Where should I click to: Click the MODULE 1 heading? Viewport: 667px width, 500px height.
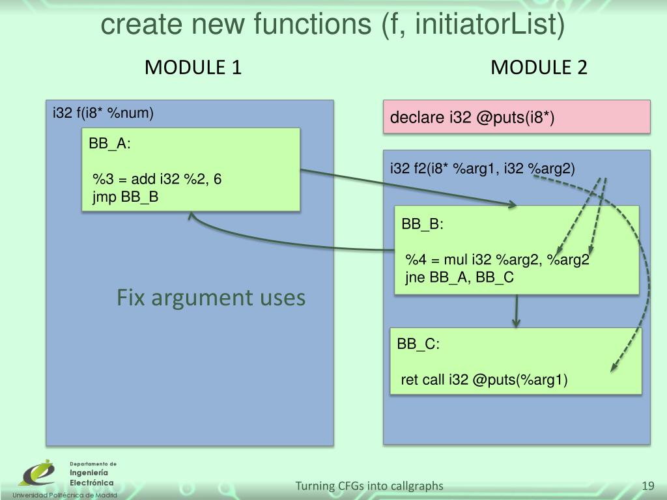coord(193,67)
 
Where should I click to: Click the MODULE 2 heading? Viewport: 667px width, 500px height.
coord(539,67)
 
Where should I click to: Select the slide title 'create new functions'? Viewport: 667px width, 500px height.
coord(332,25)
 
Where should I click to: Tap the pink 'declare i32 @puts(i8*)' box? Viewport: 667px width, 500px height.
coord(517,117)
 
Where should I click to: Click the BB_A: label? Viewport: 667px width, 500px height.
coord(110,144)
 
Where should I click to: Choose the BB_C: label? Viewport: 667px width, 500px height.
coord(419,344)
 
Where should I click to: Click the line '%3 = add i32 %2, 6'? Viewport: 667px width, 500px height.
coord(157,180)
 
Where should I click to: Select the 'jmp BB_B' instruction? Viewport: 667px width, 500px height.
coord(126,197)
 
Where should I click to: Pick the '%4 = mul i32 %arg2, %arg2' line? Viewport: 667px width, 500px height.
coord(497,260)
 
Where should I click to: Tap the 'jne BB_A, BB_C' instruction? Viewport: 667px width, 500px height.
coord(459,277)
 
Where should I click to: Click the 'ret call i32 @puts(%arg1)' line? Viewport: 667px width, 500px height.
coord(484,380)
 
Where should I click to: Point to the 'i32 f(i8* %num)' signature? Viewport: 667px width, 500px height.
coord(103,113)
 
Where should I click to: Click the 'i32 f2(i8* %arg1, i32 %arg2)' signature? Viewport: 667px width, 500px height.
coord(483,169)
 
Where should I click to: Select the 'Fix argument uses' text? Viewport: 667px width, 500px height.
coord(211,298)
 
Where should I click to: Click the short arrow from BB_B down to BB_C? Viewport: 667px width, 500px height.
coord(517,311)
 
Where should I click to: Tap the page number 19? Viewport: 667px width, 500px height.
coord(647,486)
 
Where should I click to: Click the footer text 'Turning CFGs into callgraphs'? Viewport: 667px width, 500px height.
coord(369,486)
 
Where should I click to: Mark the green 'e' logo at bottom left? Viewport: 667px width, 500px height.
coord(37,473)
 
